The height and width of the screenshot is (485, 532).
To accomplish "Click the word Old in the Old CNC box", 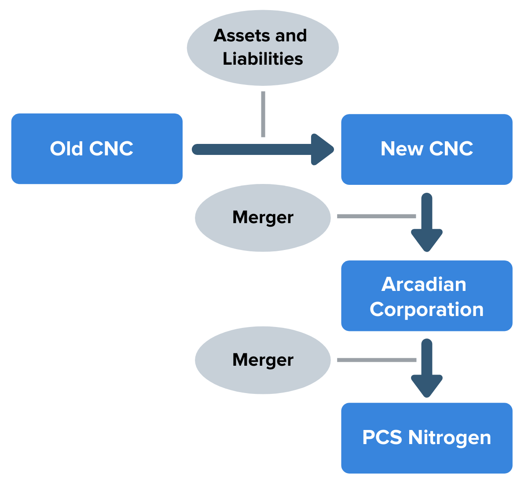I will [66, 149].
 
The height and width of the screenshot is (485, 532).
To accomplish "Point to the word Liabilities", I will [263, 59].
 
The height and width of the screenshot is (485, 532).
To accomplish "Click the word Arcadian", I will [424, 284].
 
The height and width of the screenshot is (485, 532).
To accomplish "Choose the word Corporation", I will [426, 309].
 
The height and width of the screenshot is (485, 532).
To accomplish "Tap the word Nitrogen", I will [449, 438].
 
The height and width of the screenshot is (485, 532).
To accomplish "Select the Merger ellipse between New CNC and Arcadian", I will [263, 217].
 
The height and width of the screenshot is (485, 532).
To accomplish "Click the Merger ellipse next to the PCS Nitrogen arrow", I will [263, 360].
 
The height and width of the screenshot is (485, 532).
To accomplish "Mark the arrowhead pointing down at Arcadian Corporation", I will [426, 240].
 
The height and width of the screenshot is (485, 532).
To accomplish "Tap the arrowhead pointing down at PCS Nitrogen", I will [426, 386].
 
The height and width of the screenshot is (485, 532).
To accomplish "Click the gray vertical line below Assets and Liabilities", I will [263, 114].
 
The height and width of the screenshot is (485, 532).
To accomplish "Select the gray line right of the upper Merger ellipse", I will [376, 216].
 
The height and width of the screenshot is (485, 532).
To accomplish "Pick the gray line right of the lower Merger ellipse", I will [376, 360].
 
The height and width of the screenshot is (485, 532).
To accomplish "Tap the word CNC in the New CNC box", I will [451, 149].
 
